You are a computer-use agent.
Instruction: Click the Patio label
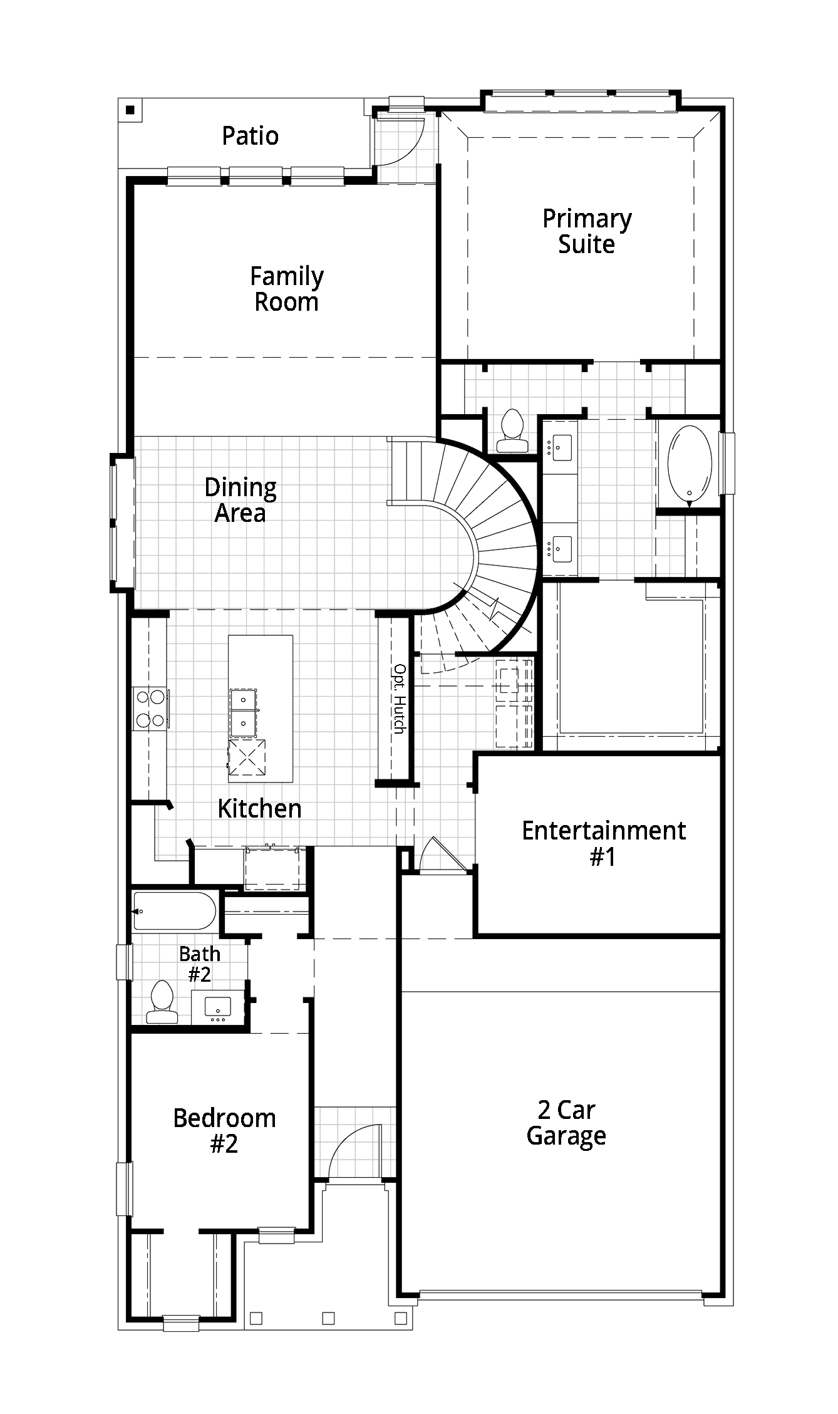click(250, 136)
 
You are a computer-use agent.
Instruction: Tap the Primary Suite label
click(587, 231)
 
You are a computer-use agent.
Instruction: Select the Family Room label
click(287, 289)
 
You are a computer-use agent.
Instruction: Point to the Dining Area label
click(241, 500)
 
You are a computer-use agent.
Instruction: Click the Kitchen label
click(259, 808)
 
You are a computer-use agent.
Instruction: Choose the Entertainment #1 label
click(604, 843)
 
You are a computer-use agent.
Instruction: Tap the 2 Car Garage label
click(566, 1123)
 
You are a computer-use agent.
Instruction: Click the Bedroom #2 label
click(224, 1131)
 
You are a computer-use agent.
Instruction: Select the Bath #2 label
click(200, 964)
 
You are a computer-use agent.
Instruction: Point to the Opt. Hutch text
click(399, 699)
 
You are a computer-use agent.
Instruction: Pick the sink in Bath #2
click(218, 1007)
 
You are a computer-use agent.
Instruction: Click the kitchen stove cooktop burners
click(150, 709)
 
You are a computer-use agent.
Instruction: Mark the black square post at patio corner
click(130, 110)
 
